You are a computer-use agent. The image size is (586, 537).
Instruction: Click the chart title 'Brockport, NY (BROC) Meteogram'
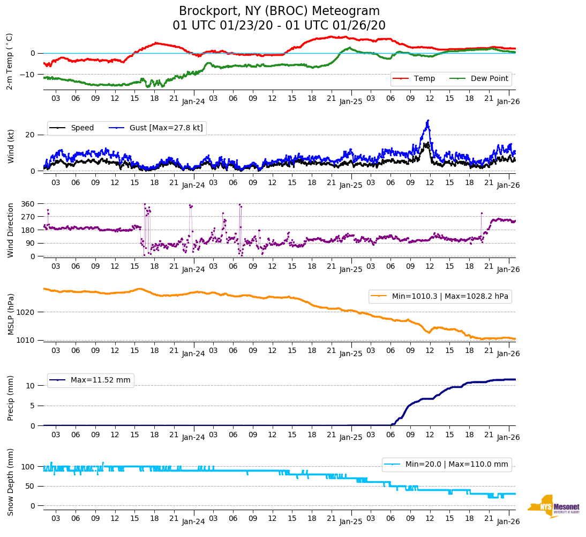[279, 11]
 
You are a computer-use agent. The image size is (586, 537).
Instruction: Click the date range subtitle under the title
[279, 26]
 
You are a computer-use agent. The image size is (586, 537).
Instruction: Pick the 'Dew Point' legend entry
[490, 78]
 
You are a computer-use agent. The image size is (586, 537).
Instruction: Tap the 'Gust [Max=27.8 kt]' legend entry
[166, 128]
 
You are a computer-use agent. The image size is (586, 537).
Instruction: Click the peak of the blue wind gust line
[428, 121]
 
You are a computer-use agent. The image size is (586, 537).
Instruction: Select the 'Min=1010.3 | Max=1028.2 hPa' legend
[440, 296]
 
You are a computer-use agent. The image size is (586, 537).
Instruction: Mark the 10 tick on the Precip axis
[32, 386]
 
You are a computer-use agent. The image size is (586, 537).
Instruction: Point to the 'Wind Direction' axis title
[11, 230]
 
